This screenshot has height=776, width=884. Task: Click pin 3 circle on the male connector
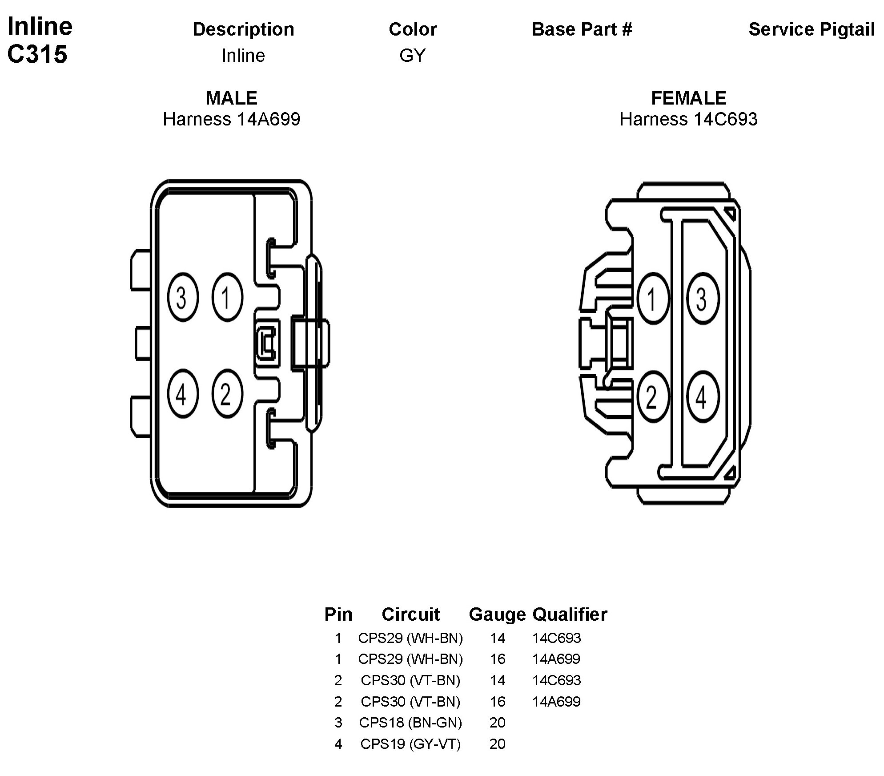(183, 297)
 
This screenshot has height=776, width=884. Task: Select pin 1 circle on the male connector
(227, 297)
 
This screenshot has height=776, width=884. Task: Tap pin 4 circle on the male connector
(183, 394)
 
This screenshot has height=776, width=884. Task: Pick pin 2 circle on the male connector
(227, 394)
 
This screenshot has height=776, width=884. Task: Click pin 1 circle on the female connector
(653, 298)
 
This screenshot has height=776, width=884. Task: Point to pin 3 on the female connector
(703, 298)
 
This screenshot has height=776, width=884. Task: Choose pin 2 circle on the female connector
(653, 396)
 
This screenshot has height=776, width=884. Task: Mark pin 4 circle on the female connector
(703, 396)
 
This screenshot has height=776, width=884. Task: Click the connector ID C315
(37, 54)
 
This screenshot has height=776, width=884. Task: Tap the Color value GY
(413, 56)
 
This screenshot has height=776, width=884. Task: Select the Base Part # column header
(582, 29)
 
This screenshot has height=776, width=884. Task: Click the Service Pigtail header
(812, 29)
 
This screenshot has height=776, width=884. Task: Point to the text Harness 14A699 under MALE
(232, 119)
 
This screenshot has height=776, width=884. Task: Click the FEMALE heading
(688, 98)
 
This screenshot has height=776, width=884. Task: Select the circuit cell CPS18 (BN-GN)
(410, 723)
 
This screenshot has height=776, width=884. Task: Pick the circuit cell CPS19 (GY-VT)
(410, 744)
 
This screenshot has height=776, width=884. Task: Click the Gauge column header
(497, 614)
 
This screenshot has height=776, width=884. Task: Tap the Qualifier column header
(570, 614)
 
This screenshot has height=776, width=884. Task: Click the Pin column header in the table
(338, 614)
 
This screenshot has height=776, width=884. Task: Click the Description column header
(243, 29)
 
